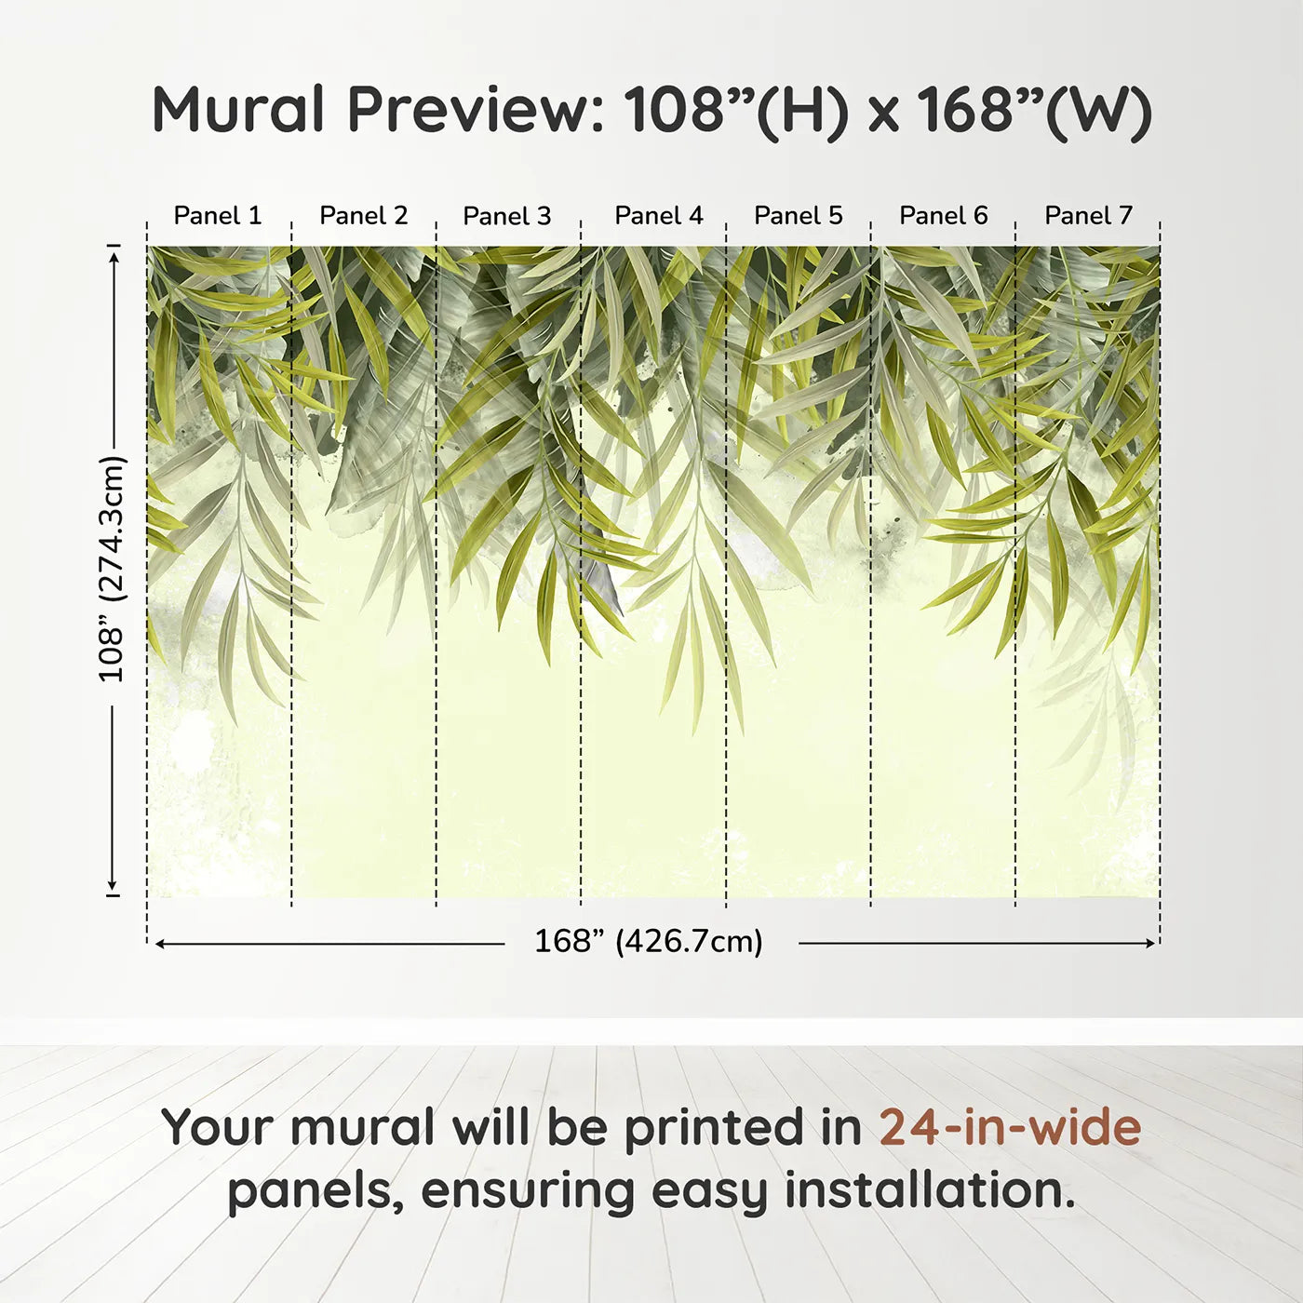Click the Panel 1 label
coord(217,216)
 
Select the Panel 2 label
coord(363,216)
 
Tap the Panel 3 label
coord(507,216)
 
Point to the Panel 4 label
coord(659,216)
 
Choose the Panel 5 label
coord(798,216)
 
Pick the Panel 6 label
coord(943,216)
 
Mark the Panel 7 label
coord(1088,216)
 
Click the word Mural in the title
coord(238,110)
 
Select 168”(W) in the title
coord(1035,112)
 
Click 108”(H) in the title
coord(736,112)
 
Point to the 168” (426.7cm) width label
coord(649,941)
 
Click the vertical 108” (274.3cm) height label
coord(112,570)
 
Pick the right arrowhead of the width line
coord(1151,943)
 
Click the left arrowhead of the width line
coord(160,943)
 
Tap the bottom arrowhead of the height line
coord(114,886)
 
